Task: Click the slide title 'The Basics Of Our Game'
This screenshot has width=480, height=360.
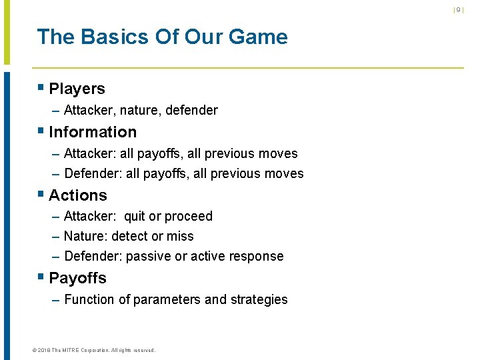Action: pos(162,37)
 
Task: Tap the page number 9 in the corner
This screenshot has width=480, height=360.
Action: pos(458,9)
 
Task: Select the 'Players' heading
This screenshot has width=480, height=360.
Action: pos(77,89)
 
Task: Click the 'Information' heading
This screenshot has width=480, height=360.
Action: pos(93,132)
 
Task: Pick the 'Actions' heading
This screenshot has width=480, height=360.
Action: pos(77,195)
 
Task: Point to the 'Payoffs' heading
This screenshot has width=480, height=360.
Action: pos(77,278)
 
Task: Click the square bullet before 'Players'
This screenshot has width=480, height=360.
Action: pos(41,88)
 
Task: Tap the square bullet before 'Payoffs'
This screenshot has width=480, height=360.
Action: pos(41,277)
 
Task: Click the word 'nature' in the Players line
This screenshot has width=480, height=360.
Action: pos(139,111)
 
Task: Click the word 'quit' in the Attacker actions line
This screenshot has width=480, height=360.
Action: pos(135,217)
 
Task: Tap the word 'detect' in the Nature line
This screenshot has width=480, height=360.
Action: pos(130,237)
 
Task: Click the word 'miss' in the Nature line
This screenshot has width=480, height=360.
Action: pos(181,237)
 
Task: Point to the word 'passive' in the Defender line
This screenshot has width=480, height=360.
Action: pos(147,257)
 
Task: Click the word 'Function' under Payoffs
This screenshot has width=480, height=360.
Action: pos(89,300)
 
